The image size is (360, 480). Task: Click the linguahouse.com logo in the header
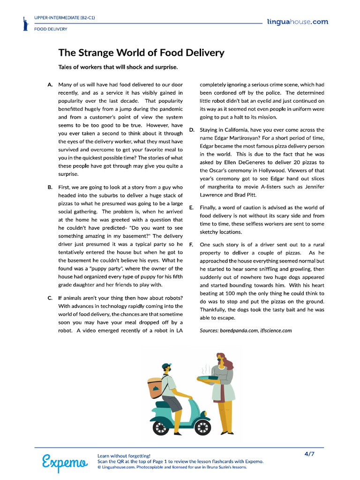297,22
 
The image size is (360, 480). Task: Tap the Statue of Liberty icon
25,24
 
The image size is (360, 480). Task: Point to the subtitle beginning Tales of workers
118,67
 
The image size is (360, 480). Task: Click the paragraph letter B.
50,187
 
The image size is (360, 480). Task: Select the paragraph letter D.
192,130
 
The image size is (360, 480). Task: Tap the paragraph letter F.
191,245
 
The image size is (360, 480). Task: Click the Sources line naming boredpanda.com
246,330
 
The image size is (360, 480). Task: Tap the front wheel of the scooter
202,426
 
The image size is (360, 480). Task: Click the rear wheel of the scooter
161,427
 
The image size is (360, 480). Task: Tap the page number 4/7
309,454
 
